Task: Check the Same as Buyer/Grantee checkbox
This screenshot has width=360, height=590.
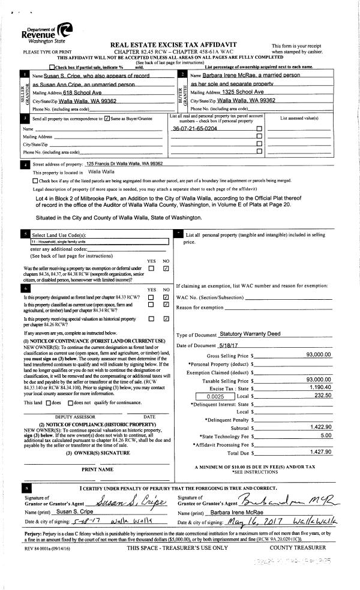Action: [107, 119]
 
